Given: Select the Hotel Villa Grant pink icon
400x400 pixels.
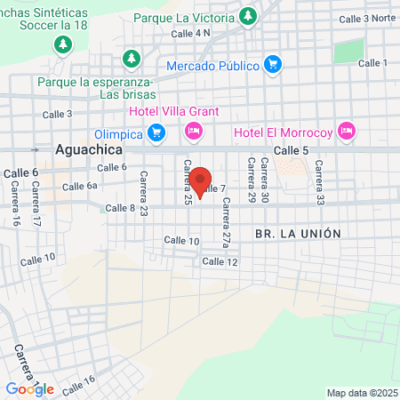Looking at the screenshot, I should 193,132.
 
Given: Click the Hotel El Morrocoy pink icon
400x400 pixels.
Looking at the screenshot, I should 347,132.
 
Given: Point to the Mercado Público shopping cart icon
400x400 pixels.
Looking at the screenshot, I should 273,64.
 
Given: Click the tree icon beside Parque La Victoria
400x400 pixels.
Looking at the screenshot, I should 247,16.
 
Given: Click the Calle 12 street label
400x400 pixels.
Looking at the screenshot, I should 220,261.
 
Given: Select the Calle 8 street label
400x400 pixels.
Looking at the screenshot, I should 120,208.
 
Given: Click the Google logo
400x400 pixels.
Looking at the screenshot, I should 29,388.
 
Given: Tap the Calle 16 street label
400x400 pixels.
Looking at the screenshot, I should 78,383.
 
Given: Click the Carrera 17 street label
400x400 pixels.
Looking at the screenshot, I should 36,205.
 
